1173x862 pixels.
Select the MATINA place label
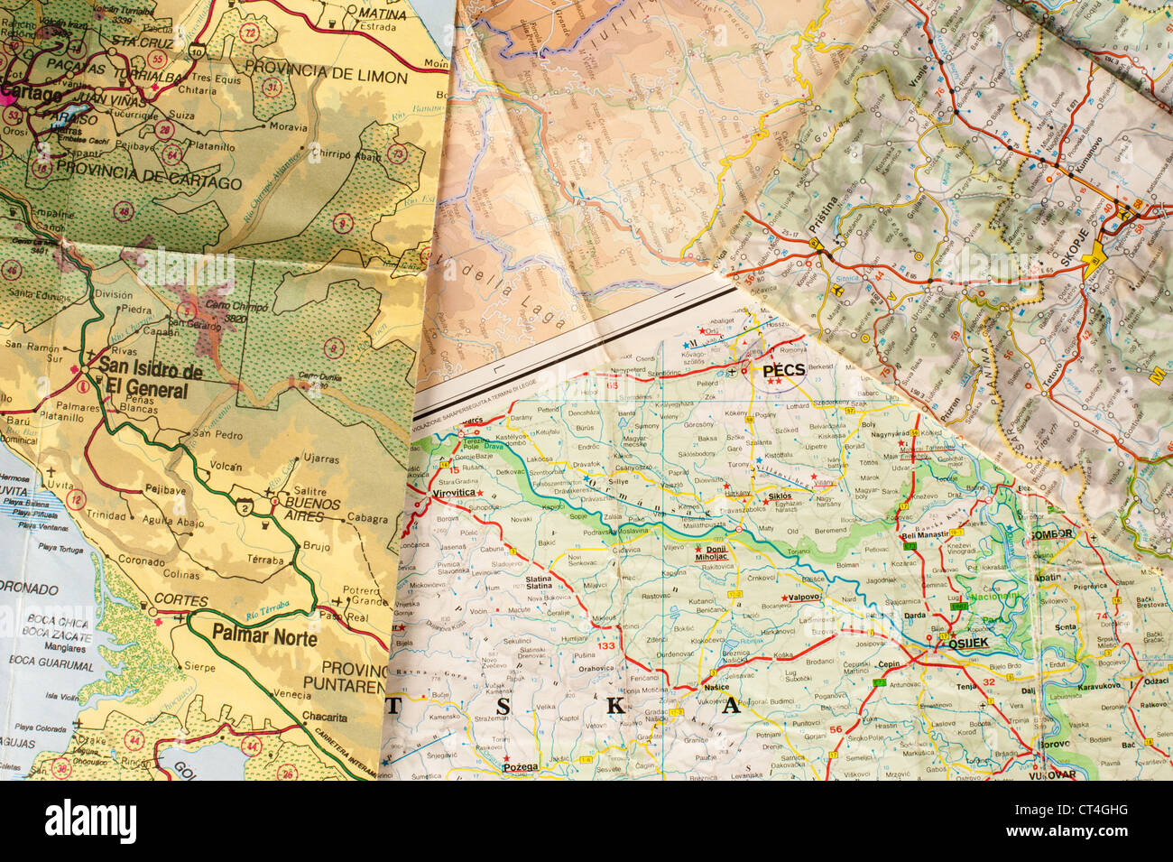382,14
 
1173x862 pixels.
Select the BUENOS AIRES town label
311,509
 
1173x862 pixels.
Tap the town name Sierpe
199,667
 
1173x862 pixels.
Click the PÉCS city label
783,369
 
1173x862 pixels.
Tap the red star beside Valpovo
783,598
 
